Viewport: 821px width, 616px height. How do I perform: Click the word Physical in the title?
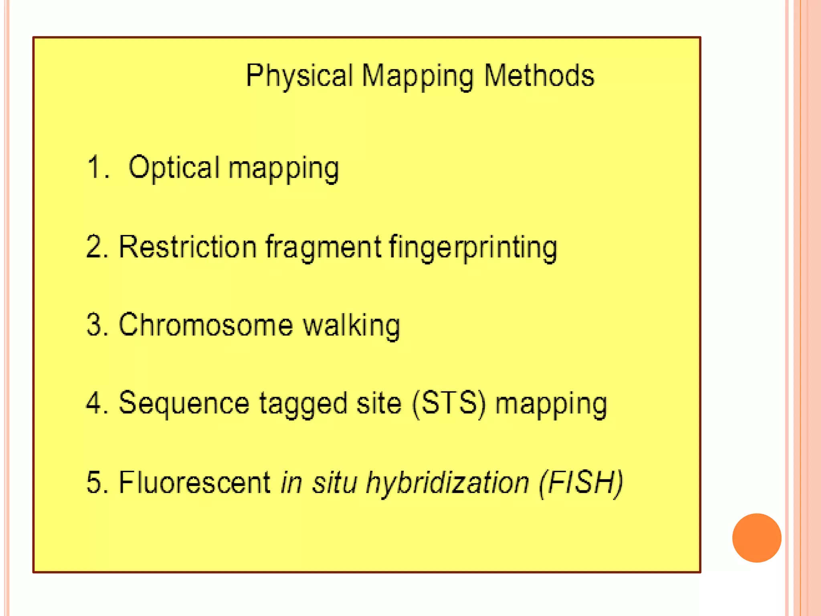tap(299, 76)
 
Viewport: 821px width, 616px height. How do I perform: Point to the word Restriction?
tap(188, 246)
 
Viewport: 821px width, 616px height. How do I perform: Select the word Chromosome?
tap(206, 324)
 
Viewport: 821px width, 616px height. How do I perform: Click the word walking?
tap(351, 325)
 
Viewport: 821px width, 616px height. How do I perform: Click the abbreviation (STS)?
tap(449, 403)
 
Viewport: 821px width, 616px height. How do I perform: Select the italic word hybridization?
tap(447, 482)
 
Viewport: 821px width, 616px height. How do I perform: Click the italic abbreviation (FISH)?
tap(581, 482)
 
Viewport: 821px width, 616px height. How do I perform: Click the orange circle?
tap(756, 538)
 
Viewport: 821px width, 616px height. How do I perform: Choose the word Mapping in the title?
tap(417, 77)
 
